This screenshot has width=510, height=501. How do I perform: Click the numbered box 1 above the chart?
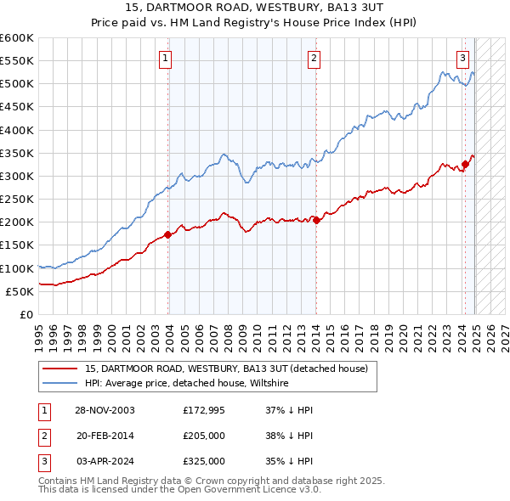pyautogui.click(x=165, y=59)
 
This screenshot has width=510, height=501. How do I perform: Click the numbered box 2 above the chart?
pyautogui.click(x=314, y=59)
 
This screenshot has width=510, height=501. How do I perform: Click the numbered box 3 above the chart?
pyautogui.click(x=462, y=59)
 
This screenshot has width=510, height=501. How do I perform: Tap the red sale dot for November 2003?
pyautogui.click(x=168, y=234)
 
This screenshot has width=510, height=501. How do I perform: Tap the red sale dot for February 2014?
pyautogui.click(x=316, y=220)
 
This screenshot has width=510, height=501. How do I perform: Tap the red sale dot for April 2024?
pyautogui.click(x=466, y=165)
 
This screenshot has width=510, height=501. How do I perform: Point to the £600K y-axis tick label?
pyautogui.click(x=17, y=38)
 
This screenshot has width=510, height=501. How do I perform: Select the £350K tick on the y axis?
pyautogui.click(x=17, y=153)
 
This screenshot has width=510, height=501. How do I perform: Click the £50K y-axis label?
pyautogui.click(x=20, y=291)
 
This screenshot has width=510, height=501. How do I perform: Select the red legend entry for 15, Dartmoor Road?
pyautogui.click(x=225, y=369)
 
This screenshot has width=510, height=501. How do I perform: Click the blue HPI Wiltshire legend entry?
pyautogui.click(x=186, y=384)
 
